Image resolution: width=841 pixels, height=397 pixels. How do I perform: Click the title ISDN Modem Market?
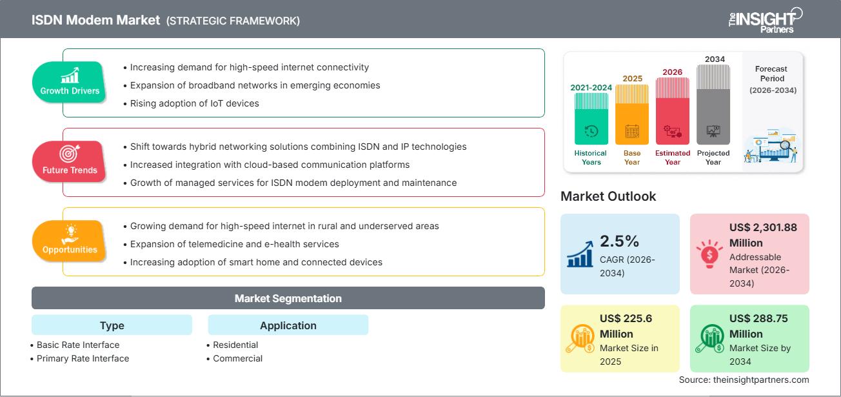pyautogui.click(x=96, y=20)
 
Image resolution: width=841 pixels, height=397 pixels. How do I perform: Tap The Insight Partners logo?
pyautogui.click(x=765, y=19)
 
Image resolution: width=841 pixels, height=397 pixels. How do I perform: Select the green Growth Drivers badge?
pyautogui.click(x=70, y=82)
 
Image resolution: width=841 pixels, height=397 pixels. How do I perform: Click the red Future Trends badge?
pyautogui.click(x=69, y=161)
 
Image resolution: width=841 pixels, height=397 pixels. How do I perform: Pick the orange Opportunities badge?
pyautogui.click(x=69, y=241)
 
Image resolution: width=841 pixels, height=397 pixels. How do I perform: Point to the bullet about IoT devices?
pyautogui.click(x=194, y=103)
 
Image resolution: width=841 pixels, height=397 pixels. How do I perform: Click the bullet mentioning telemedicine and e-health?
pyautogui.click(x=234, y=244)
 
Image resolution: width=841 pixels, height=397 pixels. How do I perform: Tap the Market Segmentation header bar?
pyautogui.click(x=288, y=298)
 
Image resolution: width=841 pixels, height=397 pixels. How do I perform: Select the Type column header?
pyautogui.click(x=112, y=325)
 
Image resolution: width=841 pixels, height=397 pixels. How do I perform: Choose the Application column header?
pyautogui.click(x=288, y=325)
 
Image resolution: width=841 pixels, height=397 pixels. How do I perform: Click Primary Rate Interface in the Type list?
pyautogui.click(x=83, y=358)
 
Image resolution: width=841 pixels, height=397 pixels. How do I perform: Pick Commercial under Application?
pyautogui.click(x=237, y=358)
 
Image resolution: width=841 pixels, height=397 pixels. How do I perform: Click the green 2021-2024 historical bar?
pyautogui.click(x=591, y=119)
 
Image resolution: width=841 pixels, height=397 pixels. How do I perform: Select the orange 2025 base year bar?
pyautogui.click(x=632, y=114)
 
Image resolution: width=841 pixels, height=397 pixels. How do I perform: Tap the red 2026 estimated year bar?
pyautogui.click(x=673, y=110)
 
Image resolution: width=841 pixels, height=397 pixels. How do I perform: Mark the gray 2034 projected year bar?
pyautogui.click(x=713, y=103)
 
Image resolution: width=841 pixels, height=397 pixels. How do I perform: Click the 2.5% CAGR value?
pyautogui.click(x=619, y=241)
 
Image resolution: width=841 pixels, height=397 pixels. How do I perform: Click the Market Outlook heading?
pyautogui.click(x=608, y=196)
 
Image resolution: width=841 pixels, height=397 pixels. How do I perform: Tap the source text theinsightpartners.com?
pyautogui.click(x=744, y=380)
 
